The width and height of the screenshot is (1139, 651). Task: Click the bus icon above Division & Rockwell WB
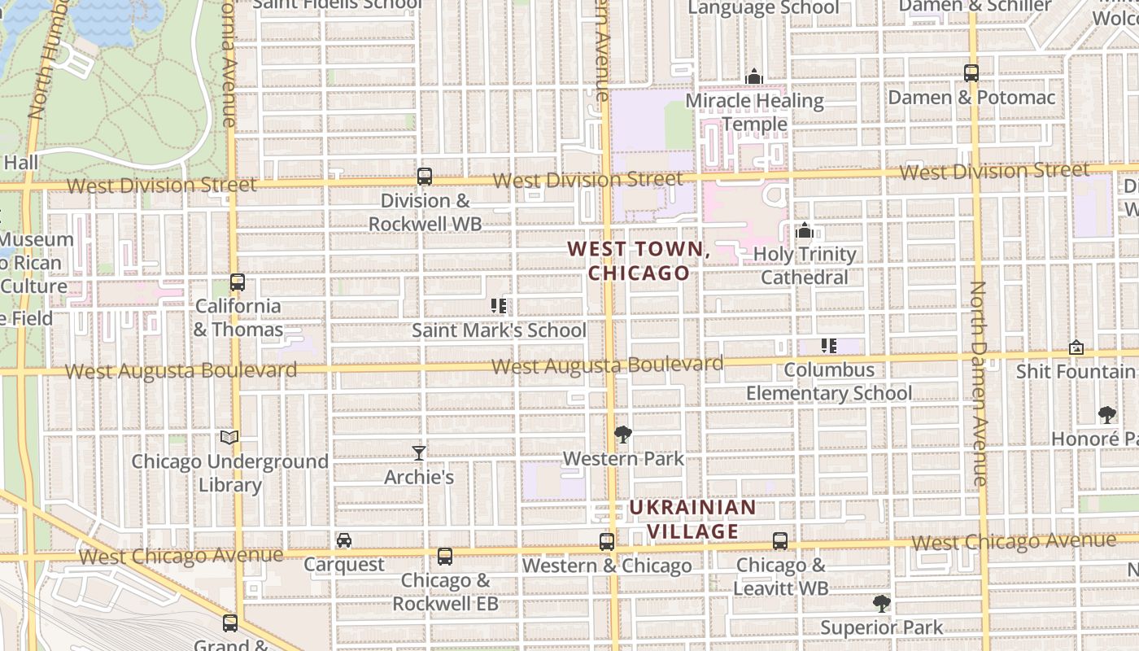[x=424, y=176]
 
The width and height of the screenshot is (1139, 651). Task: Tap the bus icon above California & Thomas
[x=237, y=282]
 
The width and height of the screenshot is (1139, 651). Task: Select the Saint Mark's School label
[x=498, y=330]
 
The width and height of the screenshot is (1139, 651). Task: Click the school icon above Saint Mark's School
[x=499, y=306]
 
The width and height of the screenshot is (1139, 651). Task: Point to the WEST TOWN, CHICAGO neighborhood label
[x=639, y=260]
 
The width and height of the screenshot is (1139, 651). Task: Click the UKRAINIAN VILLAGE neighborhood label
[x=692, y=519]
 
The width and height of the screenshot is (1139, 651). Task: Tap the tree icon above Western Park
[x=623, y=435]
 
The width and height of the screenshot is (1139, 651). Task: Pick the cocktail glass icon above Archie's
[x=419, y=452]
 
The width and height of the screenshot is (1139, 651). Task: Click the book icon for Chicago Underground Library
[x=230, y=438]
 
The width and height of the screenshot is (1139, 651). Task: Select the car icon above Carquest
[x=344, y=540]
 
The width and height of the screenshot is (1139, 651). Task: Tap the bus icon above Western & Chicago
[x=607, y=541]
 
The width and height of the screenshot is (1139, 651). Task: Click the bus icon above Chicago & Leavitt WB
[x=780, y=541]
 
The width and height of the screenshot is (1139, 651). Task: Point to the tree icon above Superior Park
[x=881, y=604]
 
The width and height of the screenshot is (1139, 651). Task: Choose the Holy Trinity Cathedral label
[x=805, y=265]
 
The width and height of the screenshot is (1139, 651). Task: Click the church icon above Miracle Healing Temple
[x=754, y=76]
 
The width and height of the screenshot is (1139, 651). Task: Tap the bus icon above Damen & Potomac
[x=971, y=73]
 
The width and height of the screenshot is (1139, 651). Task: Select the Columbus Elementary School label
[x=829, y=382]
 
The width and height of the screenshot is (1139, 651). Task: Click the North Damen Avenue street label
[x=979, y=382]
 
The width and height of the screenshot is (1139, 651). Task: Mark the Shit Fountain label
[x=1076, y=371]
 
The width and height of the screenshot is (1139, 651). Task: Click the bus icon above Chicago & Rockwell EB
[x=445, y=557]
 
